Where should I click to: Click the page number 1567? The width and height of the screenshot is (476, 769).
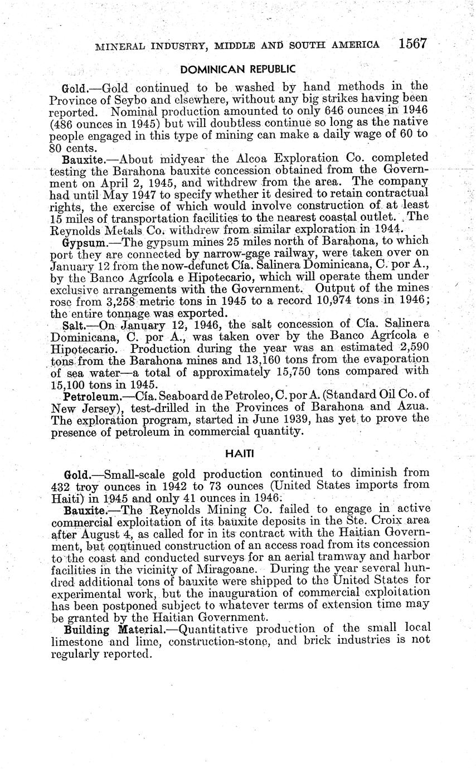412,43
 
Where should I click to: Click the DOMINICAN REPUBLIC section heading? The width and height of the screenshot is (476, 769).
238,69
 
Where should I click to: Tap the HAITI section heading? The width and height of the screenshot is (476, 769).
239,454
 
